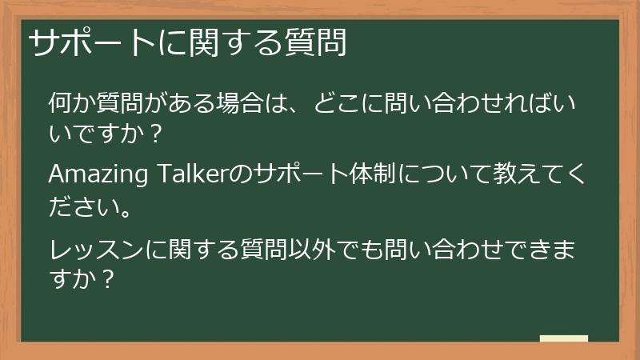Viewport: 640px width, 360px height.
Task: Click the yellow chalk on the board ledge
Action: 564,338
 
